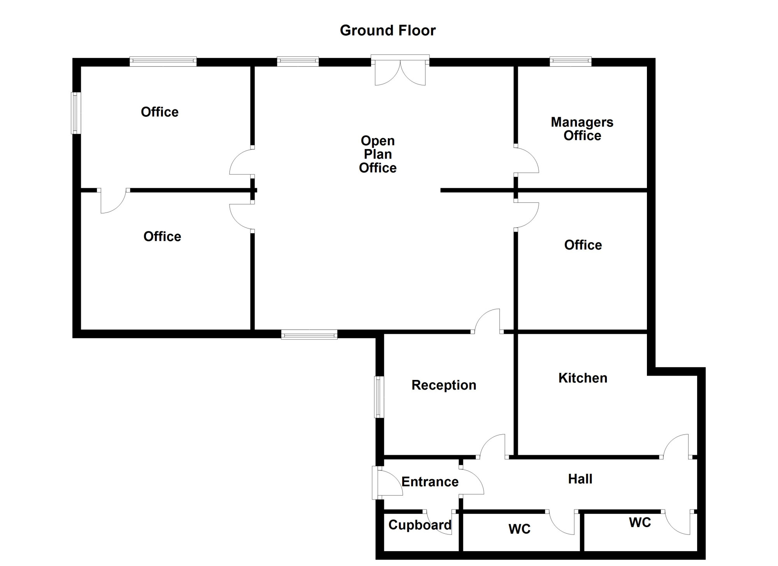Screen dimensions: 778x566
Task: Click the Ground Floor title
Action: (388, 30)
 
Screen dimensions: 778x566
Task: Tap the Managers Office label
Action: (582, 129)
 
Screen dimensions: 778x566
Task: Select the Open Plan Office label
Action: (378, 154)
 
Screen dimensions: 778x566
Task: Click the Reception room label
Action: (444, 385)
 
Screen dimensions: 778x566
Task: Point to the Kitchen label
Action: (583, 378)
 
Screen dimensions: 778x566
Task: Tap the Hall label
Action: (580, 479)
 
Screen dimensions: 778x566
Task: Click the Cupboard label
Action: (420, 525)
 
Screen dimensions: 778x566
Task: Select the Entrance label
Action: (430, 482)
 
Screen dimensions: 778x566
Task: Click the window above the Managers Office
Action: (571, 61)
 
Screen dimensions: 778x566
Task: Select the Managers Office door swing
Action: (526, 160)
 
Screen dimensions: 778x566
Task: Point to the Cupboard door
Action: (439, 522)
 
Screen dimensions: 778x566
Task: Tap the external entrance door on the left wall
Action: (387, 483)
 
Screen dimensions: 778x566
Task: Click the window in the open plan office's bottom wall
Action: (309, 334)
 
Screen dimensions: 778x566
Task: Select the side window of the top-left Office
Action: (76, 113)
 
